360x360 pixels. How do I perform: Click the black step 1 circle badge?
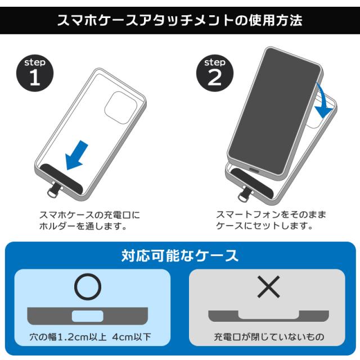pyautogui.click(x=35, y=73)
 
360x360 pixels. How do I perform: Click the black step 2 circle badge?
pyautogui.click(x=215, y=73)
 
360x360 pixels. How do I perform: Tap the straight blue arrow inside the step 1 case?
pyautogui.click(x=76, y=155)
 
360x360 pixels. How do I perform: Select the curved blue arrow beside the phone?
pyautogui.click(x=324, y=101)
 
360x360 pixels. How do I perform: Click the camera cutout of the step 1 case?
pyautogui.click(x=121, y=107)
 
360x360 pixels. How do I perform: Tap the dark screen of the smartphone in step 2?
pyautogui.click(x=275, y=111)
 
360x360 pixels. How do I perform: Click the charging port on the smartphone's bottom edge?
pyautogui.click(x=254, y=170)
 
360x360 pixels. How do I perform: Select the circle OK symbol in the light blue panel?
pyautogui.click(x=88, y=287)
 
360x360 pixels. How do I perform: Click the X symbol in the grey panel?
pyautogui.click(x=268, y=287)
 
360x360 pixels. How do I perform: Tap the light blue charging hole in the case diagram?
pyautogui.click(x=88, y=316)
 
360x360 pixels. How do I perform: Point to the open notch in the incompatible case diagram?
pyautogui.click(x=269, y=315)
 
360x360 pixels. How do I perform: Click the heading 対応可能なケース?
pyautogui.click(x=180, y=255)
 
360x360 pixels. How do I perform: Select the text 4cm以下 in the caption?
pyautogui.click(x=132, y=337)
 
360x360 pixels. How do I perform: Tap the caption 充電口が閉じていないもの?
pyautogui.click(x=269, y=337)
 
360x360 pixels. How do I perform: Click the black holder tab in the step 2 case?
pyautogui.click(x=252, y=183)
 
